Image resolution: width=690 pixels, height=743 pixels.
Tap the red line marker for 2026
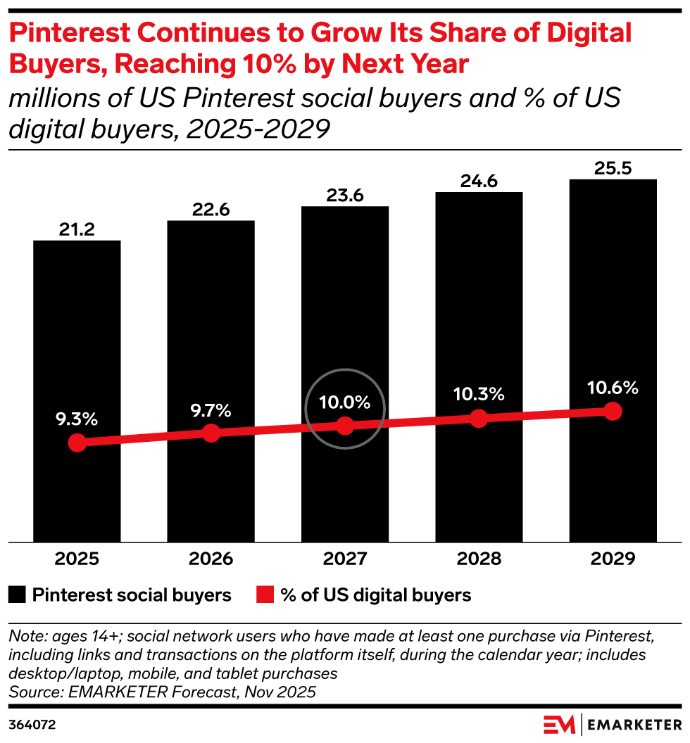point(211,433)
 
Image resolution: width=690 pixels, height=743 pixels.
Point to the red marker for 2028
point(479,419)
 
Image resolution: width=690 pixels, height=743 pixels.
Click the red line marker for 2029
point(613,412)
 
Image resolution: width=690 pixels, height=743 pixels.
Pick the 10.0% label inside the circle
point(345,402)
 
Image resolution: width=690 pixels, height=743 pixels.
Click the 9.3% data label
point(77,419)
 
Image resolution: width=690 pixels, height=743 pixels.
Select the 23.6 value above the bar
point(345,195)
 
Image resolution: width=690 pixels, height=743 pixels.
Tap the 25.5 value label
point(613,168)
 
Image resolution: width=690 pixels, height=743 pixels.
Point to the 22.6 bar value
point(211,210)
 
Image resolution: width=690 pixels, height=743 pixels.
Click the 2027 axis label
point(345,559)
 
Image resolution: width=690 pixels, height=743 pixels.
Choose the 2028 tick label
point(479,559)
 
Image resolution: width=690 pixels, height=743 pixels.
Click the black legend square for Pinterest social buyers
point(17,595)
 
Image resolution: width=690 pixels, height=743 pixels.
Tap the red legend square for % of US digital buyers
point(265,595)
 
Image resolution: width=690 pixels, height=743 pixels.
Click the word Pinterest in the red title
point(70,32)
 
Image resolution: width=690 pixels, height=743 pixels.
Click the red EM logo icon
point(559,725)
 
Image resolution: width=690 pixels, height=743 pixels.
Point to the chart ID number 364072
point(32,725)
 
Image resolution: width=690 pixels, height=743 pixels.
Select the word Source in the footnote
point(36,692)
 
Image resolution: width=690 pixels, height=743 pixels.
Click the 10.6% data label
point(613,388)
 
